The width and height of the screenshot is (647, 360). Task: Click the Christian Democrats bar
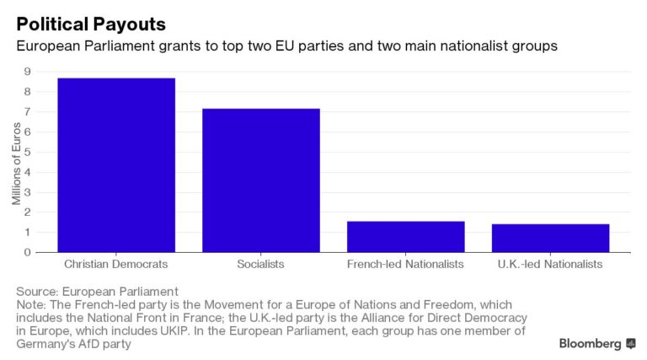pos(116,165)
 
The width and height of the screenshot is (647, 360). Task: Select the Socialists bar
pos(260,180)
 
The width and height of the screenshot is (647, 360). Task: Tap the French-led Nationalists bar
pos(405,236)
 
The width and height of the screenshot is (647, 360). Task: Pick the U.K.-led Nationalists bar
pos(550,238)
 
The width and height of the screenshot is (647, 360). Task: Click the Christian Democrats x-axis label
pos(116,265)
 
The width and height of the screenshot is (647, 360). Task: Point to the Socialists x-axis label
pos(260,265)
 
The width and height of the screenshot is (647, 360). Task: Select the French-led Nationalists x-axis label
pos(405,265)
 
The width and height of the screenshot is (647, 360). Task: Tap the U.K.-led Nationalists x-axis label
pos(550,265)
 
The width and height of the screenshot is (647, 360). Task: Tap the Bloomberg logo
pos(597,344)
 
